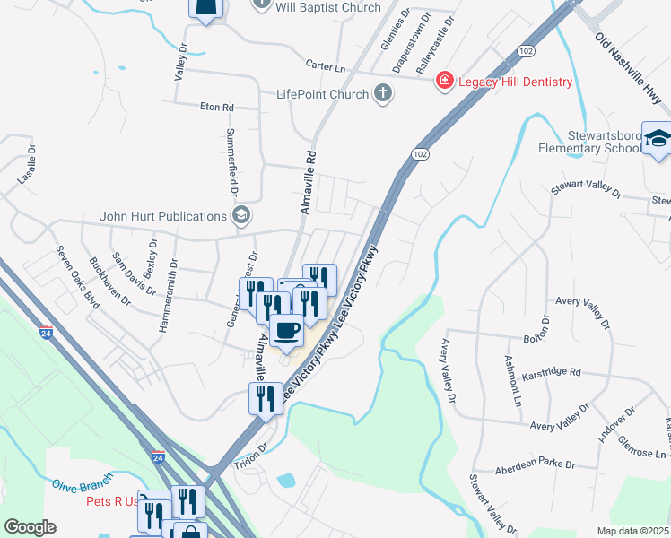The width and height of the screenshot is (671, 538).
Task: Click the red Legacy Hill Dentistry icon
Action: click(x=444, y=82)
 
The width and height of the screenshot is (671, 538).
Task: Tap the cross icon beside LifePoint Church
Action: click(x=383, y=94)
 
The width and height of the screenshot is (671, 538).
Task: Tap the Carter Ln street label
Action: click(x=325, y=66)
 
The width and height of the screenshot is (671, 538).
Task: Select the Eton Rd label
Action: click(x=216, y=107)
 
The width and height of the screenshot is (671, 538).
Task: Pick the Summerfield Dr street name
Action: click(x=232, y=163)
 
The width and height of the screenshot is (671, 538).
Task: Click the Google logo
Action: click(x=30, y=527)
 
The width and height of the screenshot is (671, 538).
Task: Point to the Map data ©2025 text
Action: click(x=633, y=531)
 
